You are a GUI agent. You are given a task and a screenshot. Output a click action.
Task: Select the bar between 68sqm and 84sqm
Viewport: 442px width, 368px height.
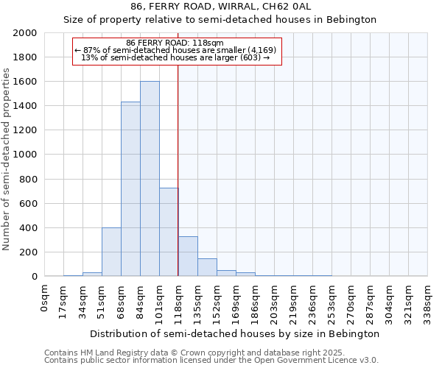coord(130,189)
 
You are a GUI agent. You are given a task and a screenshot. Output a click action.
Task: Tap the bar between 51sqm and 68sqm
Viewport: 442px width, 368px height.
coord(111,252)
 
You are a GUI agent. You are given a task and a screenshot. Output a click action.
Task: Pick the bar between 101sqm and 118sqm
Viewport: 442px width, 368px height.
coord(169,232)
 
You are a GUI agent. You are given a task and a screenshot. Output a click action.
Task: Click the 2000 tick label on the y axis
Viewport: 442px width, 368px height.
coord(24,33)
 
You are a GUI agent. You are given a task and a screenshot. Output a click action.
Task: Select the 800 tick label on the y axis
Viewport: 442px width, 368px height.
coord(27,179)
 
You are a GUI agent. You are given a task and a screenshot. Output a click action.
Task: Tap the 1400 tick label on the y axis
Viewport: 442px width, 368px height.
coord(24,106)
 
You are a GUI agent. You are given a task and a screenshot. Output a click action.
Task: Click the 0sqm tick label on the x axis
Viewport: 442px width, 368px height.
coord(45,295)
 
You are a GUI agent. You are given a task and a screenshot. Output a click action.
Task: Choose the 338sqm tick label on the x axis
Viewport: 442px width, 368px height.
coord(427,300)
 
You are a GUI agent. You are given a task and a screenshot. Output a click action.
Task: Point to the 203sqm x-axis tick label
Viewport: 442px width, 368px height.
coord(274,300)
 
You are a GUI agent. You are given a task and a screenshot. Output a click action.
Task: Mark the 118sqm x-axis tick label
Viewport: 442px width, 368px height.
coord(178,300)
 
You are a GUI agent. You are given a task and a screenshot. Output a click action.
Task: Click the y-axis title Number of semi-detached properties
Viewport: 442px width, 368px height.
coord(7,159)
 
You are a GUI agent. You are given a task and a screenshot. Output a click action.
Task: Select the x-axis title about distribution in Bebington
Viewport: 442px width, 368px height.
coord(236,333)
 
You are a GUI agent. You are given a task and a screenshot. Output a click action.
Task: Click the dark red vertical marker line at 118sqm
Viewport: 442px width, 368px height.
coord(178,169)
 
